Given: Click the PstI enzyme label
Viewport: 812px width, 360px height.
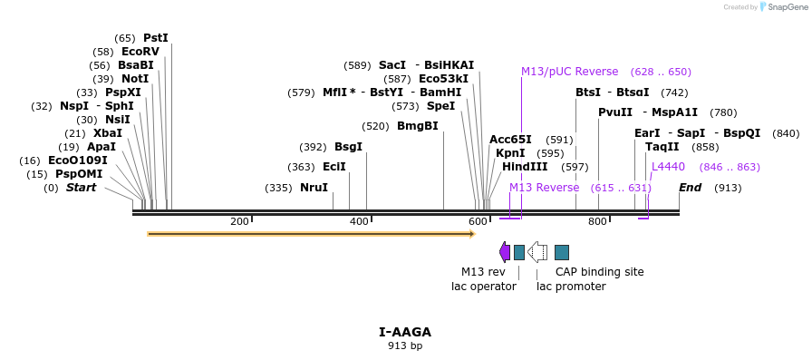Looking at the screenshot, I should pyautogui.click(x=156, y=38).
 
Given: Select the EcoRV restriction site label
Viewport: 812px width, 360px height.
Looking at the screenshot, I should pyautogui.click(x=140, y=52).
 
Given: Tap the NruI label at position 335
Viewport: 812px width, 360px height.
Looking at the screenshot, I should pyautogui.click(x=314, y=188).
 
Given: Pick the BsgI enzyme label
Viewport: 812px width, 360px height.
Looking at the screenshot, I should pyautogui.click(x=348, y=147).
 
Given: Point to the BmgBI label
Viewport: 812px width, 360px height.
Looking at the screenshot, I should pyautogui.click(x=418, y=126).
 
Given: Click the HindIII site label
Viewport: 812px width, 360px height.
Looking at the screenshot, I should pyautogui.click(x=525, y=167).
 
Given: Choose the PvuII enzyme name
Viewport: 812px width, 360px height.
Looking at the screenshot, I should pyautogui.click(x=615, y=112).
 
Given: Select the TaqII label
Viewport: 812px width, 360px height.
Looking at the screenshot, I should pyautogui.click(x=662, y=147).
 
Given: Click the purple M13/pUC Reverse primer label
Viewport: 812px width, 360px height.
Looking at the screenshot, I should pyautogui.click(x=569, y=72).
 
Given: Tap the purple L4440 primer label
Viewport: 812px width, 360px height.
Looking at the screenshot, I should pyautogui.click(x=668, y=167).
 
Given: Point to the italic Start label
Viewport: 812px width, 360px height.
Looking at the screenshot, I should pyautogui.click(x=81, y=188).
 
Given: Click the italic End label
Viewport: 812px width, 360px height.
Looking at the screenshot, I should pyautogui.click(x=690, y=188).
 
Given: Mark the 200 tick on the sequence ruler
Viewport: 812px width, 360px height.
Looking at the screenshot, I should pyautogui.click(x=239, y=221).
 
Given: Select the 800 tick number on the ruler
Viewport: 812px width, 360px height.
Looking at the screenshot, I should pyautogui.click(x=597, y=221).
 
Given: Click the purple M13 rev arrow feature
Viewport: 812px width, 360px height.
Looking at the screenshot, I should pyautogui.click(x=505, y=252).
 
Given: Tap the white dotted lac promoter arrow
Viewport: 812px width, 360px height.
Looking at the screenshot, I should pyautogui.click(x=537, y=252).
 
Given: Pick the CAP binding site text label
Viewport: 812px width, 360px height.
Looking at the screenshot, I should pyautogui.click(x=599, y=272).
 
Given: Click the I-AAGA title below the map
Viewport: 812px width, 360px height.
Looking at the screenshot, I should pyautogui.click(x=405, y=332).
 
